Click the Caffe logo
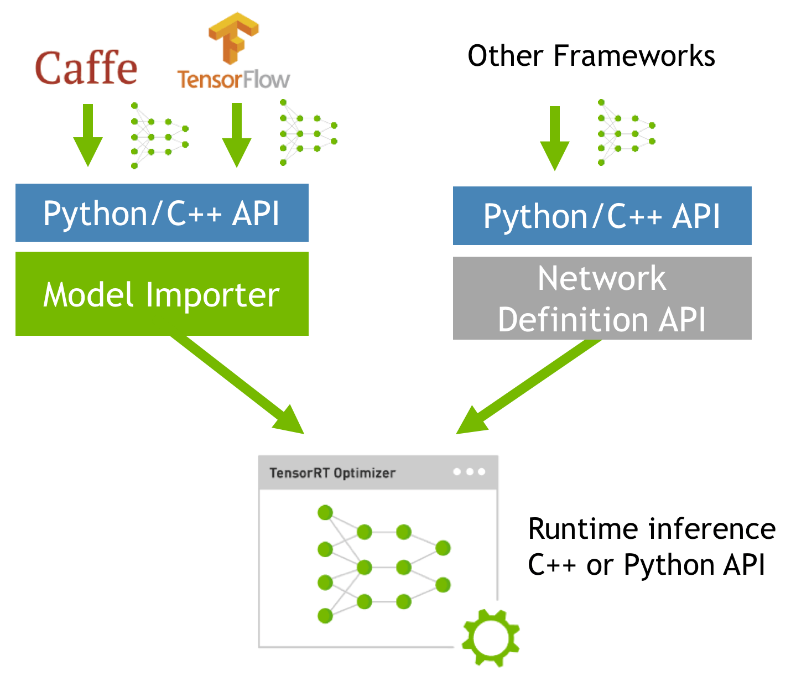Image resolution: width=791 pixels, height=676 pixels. (86, 69)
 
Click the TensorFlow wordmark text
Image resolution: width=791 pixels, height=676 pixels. (233, 79)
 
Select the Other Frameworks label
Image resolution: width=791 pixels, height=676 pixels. (591, 56)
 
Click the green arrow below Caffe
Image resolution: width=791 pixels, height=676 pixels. (88, 135)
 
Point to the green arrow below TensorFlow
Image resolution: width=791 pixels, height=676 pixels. (237, 135)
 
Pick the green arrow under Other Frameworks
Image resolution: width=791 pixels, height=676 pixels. (554, 138)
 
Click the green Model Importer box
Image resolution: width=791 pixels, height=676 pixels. (162, 294)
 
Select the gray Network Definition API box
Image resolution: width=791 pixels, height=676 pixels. (602, 298)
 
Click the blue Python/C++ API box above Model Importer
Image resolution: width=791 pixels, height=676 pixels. (162, 213)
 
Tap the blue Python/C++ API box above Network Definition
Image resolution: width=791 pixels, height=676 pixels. (602, 216)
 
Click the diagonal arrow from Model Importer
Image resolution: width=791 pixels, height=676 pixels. (238, 384)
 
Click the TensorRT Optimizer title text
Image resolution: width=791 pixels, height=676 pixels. (332, 473)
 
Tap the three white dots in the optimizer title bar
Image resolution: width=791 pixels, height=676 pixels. (469, 472)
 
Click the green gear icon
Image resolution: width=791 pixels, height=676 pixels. (491, 637)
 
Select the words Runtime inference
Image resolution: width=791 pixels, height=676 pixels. (652, 529)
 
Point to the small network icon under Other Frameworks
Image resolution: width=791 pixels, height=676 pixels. (626, 133)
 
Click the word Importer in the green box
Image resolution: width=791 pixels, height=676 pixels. (212, 295)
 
